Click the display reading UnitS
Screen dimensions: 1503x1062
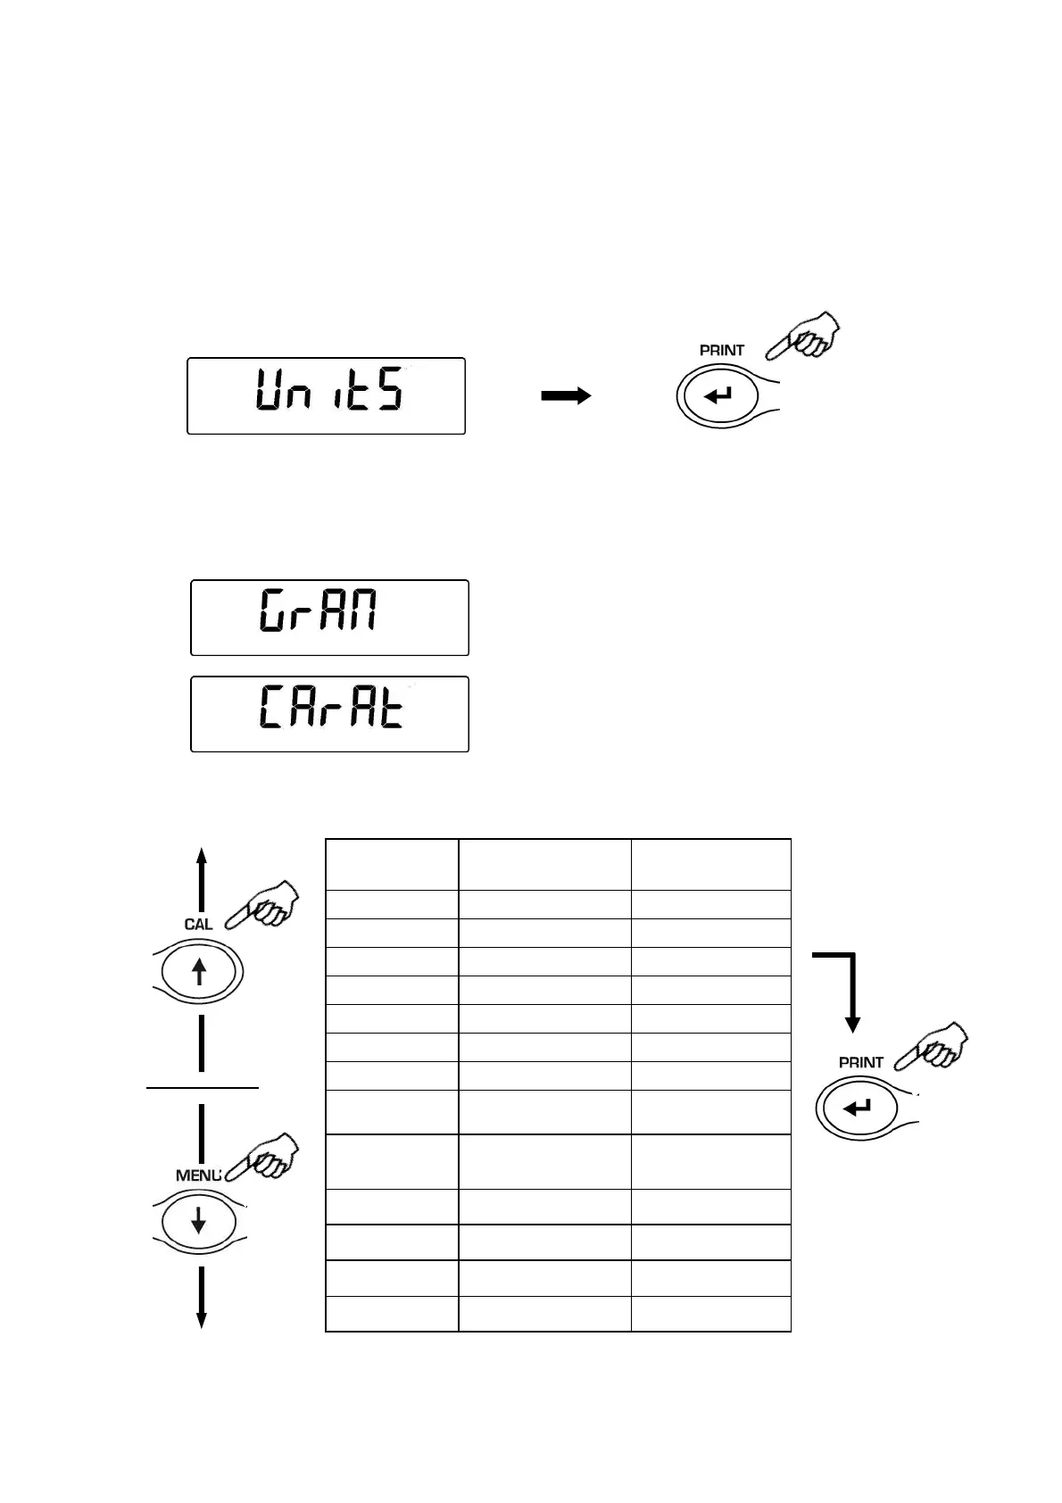(326, 395)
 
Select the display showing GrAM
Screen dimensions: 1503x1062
(329, 618)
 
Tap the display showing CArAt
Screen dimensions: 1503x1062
(329, 714)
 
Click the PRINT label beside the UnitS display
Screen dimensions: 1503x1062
(721, 351)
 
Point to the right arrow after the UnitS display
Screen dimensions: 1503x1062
(566, 396)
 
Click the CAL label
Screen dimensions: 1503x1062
(198, 925)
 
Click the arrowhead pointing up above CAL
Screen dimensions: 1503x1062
(202, 857)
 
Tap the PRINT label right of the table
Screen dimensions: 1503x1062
(860, 1062)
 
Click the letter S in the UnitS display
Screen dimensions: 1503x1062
(390, 391)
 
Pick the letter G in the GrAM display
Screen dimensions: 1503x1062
(273, 613)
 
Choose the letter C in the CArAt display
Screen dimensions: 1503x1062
(271, 710)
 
